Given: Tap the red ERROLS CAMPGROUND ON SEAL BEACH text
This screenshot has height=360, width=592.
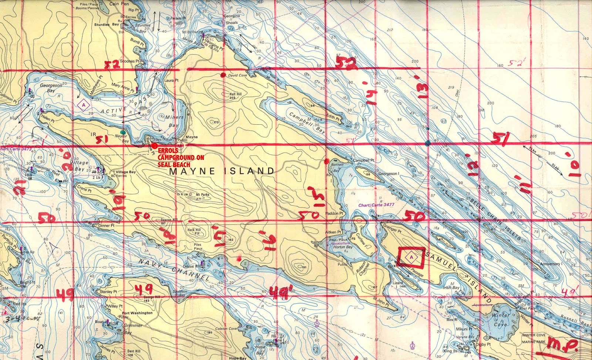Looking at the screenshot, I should point(181,158).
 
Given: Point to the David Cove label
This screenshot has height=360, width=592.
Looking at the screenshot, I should point(238,75).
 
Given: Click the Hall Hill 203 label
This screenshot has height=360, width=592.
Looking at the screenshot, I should point(235,96).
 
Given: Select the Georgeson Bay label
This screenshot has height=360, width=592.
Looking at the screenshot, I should point(51,88).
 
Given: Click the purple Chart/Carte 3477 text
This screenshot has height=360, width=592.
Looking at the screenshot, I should point(376,205).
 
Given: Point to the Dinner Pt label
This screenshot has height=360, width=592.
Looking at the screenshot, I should point(107,225).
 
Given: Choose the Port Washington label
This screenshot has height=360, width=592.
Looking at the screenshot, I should point(137,313).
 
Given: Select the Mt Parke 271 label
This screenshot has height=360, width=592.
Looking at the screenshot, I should point(202,196).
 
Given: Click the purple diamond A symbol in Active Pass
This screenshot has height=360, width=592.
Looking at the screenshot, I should point(84,105).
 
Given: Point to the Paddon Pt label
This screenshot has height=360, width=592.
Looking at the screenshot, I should point(334,213).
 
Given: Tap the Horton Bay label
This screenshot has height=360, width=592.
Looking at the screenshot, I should point(343,247).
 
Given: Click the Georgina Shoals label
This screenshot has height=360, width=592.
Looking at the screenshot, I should point(232,19).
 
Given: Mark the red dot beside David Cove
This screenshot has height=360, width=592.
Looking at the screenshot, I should point(223,75).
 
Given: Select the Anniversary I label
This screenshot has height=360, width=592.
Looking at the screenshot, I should point(550,264).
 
